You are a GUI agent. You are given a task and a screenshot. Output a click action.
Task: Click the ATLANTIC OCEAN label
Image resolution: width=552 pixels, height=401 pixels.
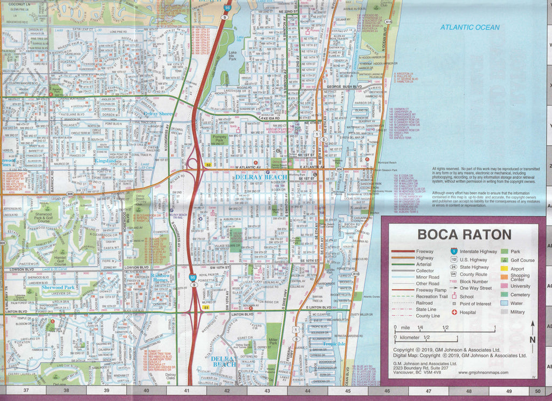470,27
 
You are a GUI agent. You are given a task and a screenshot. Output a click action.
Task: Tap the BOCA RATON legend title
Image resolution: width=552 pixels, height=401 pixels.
464,235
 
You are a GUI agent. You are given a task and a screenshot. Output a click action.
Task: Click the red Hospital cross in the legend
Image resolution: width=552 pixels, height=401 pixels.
454,312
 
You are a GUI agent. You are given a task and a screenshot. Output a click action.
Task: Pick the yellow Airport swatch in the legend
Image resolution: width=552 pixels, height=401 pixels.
505,269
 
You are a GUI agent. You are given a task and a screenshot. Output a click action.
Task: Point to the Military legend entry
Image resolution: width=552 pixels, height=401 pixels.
517,312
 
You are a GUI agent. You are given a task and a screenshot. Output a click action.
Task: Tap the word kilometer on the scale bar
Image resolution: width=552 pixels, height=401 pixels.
410,338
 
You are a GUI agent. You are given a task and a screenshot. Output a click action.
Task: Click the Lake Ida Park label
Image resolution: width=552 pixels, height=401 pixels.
232,55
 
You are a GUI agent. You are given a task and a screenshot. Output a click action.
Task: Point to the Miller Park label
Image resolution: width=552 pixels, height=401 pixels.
273,342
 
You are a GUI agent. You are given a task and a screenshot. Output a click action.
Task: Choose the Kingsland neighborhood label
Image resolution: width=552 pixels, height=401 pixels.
106,161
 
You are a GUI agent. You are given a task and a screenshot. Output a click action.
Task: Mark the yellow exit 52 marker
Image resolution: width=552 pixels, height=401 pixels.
208,165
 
